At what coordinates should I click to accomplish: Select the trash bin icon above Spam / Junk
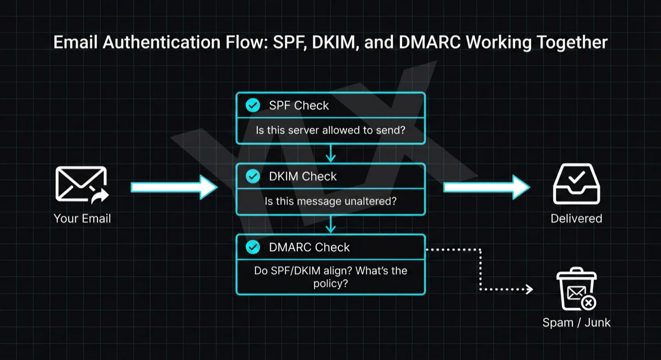[576, 291]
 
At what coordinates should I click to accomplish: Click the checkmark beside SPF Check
[253, 105]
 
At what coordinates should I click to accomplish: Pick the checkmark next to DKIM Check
[253, 176]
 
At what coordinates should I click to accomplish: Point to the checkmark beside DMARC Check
[253, 247]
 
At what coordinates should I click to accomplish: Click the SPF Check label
[299, 105]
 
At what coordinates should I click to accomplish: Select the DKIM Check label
[302, 176]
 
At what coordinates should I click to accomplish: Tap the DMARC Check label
[309, 247]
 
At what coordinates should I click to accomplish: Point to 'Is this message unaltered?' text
[330, 201]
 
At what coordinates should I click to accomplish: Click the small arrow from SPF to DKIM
[330, 154]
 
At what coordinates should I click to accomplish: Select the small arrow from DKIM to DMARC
[330, 224]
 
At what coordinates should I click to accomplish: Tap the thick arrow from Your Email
[174, 187]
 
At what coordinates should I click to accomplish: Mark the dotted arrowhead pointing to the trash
[530, 289]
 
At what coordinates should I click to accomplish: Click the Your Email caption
[82, 219]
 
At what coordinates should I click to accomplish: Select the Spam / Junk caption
[576, 323]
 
